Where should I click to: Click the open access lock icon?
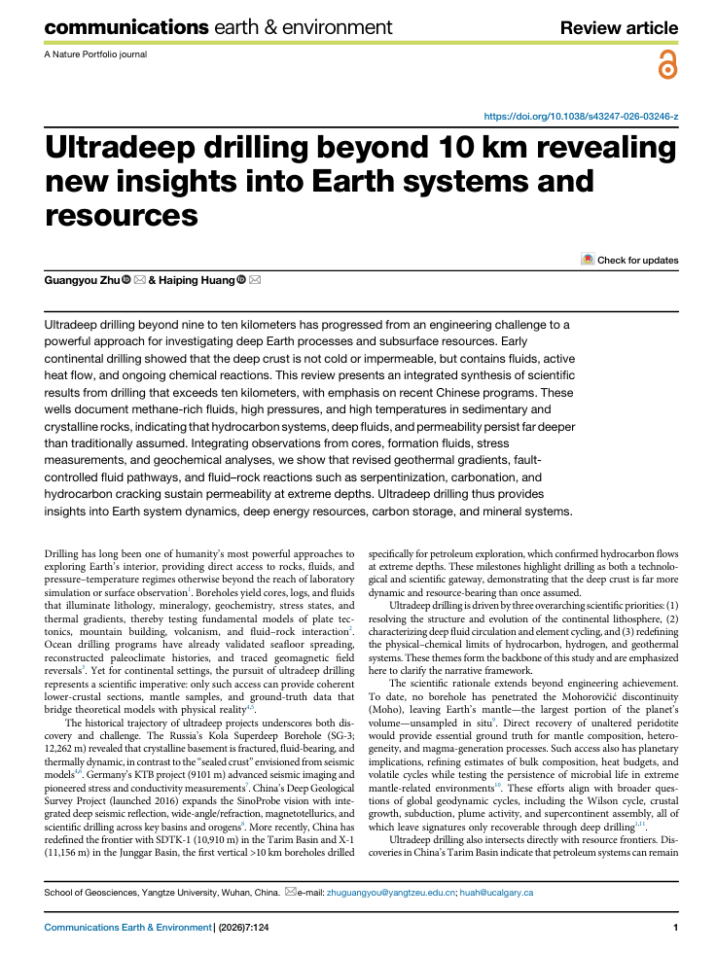click(667, 66)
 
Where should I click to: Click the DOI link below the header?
click(581, 116)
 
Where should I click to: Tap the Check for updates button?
click(629, 260)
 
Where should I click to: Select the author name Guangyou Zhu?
click(82, 280)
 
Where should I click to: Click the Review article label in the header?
click(620, 28)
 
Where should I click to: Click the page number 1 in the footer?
click(674, 928)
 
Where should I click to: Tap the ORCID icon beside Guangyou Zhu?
click(125, 280)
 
